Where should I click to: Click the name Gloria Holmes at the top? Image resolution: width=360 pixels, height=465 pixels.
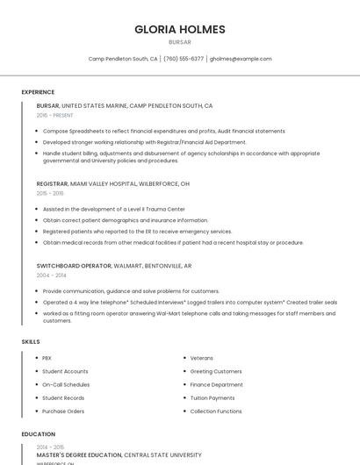(179, 29)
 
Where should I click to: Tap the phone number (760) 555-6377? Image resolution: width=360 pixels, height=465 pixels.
(184, 59)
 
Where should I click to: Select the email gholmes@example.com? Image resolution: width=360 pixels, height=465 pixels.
(241, 59)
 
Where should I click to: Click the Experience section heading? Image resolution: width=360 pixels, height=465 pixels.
(38, 92)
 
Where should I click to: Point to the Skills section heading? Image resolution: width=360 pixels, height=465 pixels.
(31, 341)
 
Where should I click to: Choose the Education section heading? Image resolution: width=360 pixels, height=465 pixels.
(39, 434)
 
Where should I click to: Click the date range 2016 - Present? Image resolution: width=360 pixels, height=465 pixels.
(54, 115)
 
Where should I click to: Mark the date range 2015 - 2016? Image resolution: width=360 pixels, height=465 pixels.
(50, 193)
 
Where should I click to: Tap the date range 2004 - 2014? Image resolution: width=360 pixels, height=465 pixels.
(50, 275)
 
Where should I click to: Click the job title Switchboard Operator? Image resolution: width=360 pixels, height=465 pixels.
(74, 265)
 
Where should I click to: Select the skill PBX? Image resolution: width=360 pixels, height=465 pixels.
(47, 358)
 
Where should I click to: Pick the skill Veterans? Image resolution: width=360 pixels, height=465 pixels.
(202, 358)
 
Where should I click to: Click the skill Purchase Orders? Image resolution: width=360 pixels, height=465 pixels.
(63, 411)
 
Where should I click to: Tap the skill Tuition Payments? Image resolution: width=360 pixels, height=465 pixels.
(212, 397)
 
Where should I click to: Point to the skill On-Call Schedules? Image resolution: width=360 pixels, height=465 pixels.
(66, 384)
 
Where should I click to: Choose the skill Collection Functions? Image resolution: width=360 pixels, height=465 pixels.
(216, 411)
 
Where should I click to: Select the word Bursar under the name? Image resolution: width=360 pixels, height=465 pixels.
(179, 41)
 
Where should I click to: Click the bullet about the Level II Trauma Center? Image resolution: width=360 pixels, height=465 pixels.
(114, 209)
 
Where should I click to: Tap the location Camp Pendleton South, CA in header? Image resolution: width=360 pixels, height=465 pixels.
(123, 59)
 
